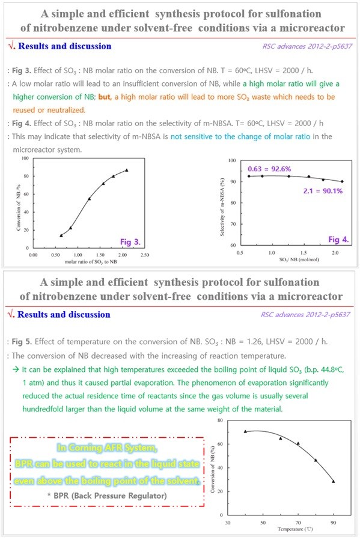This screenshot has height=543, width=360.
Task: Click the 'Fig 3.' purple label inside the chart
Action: coord(130,241)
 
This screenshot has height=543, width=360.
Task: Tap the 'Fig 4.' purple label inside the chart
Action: coord(338,239)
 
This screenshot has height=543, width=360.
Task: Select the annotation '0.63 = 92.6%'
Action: coord(269,169)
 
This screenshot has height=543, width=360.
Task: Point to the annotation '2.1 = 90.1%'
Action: coord(323,191)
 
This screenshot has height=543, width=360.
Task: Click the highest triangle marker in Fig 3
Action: coord(126,170)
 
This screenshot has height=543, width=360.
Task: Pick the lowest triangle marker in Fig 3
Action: coord(61,235)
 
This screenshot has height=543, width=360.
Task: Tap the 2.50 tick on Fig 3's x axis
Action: coord(144,255)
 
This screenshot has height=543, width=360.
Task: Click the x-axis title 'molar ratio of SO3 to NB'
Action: coord(91,262)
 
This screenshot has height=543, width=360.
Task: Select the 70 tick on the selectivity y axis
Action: coord(233,224)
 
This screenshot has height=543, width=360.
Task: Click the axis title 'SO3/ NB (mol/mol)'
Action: coord(299,259)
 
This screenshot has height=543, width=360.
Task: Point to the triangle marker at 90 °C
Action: coord(334,481)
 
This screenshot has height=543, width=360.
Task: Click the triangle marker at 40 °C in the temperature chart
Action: coord(245,431)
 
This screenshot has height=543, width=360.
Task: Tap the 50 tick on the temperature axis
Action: coord(263,523)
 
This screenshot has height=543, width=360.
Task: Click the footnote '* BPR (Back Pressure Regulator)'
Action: coord(107,496)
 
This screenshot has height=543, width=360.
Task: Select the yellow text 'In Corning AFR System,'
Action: coord(107,447)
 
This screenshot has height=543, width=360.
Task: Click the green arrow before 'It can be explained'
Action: coord(16,369)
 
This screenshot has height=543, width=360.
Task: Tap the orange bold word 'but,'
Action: coord(105,97)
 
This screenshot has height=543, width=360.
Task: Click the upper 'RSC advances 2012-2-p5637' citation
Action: coord(307,46)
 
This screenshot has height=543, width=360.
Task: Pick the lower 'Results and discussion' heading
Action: coord(64,314)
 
